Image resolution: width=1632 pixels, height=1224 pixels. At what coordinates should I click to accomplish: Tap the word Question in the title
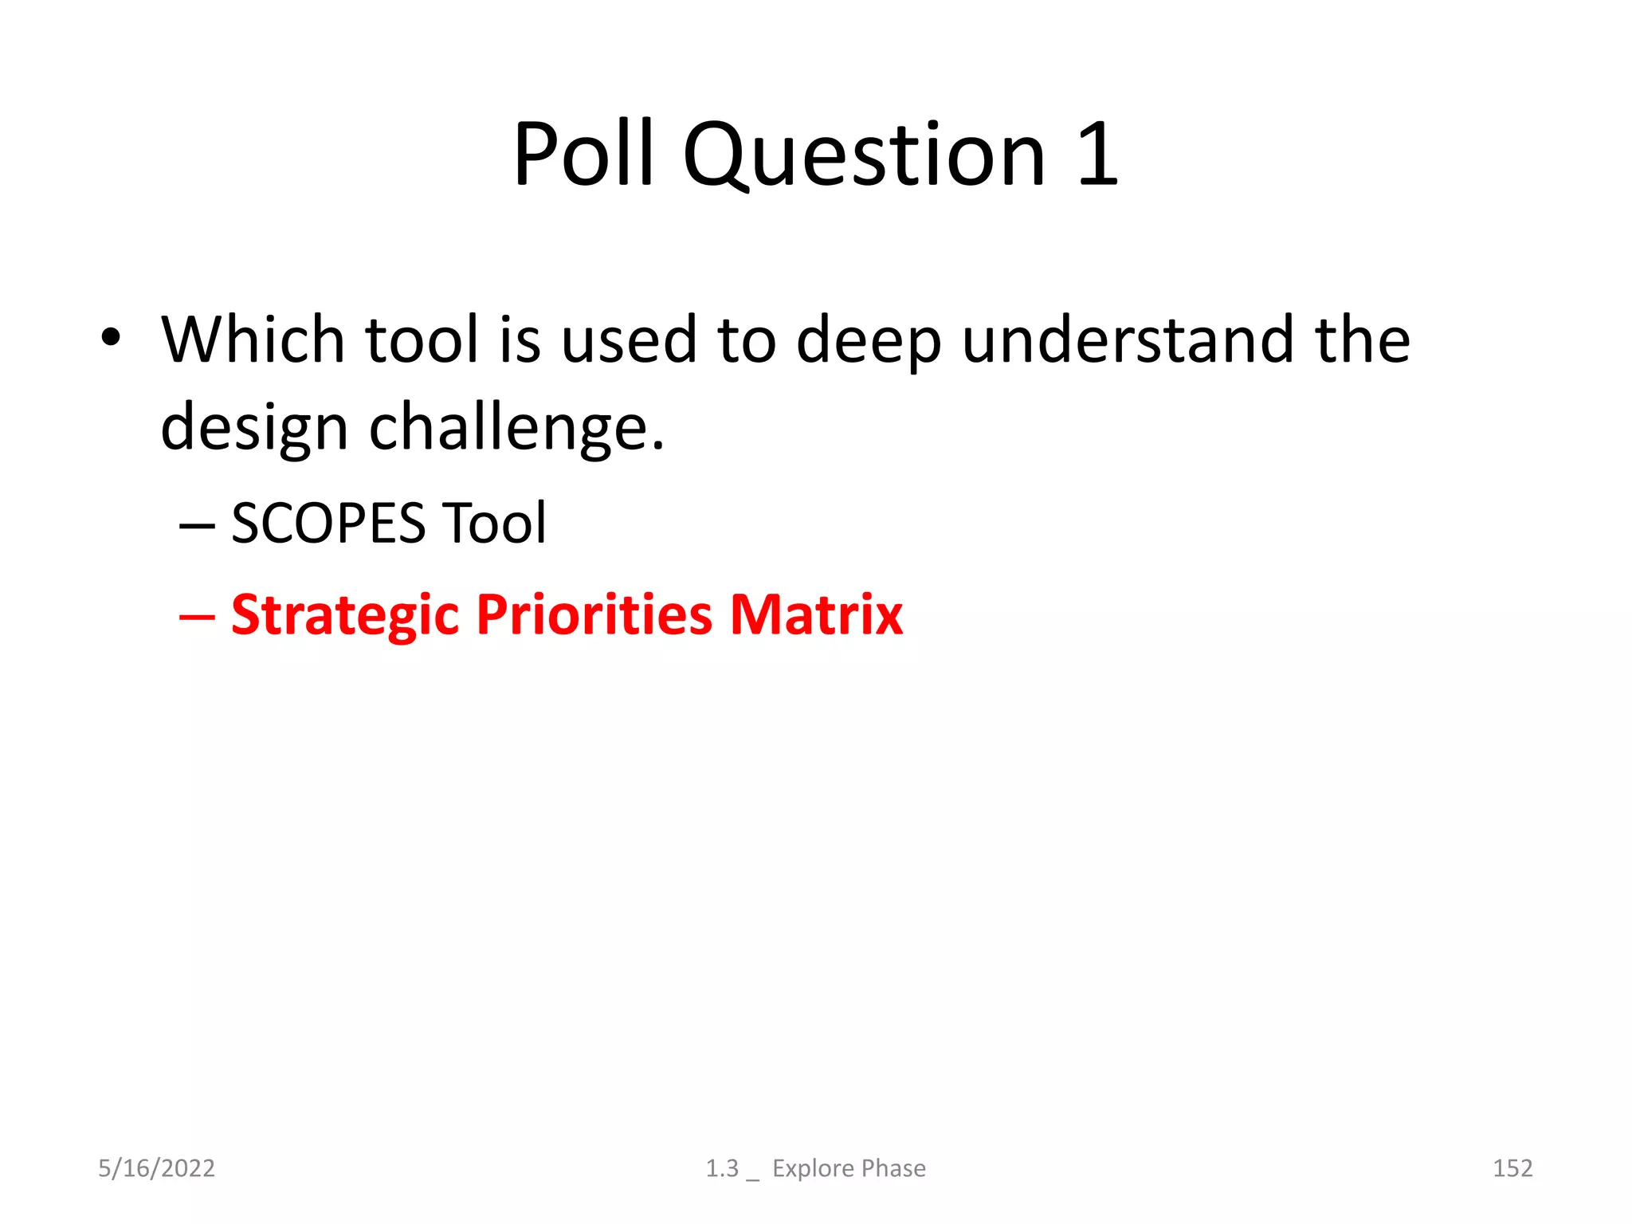[x=864, y=156]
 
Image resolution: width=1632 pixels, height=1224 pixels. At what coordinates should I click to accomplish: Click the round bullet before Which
[x=111, y=337]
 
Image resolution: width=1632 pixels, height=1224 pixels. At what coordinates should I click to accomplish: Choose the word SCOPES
[x=328, y=524]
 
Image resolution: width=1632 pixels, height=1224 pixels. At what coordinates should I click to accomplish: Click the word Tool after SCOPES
[x=494, y=524]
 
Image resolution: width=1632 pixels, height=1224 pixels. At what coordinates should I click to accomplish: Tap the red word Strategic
[x=345, y=615]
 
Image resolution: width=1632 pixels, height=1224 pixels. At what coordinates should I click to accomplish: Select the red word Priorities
[x=594, y=615]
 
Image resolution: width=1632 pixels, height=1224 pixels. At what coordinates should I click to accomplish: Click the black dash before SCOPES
[x=197, y=525]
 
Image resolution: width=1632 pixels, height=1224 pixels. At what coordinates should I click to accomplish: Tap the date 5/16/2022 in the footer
[x=156, y=1168]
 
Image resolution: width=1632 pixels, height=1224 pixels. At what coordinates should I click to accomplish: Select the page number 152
[x=1512, y=1168]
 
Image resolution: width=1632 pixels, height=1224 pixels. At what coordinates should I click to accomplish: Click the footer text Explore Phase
[x=849, y=1168]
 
